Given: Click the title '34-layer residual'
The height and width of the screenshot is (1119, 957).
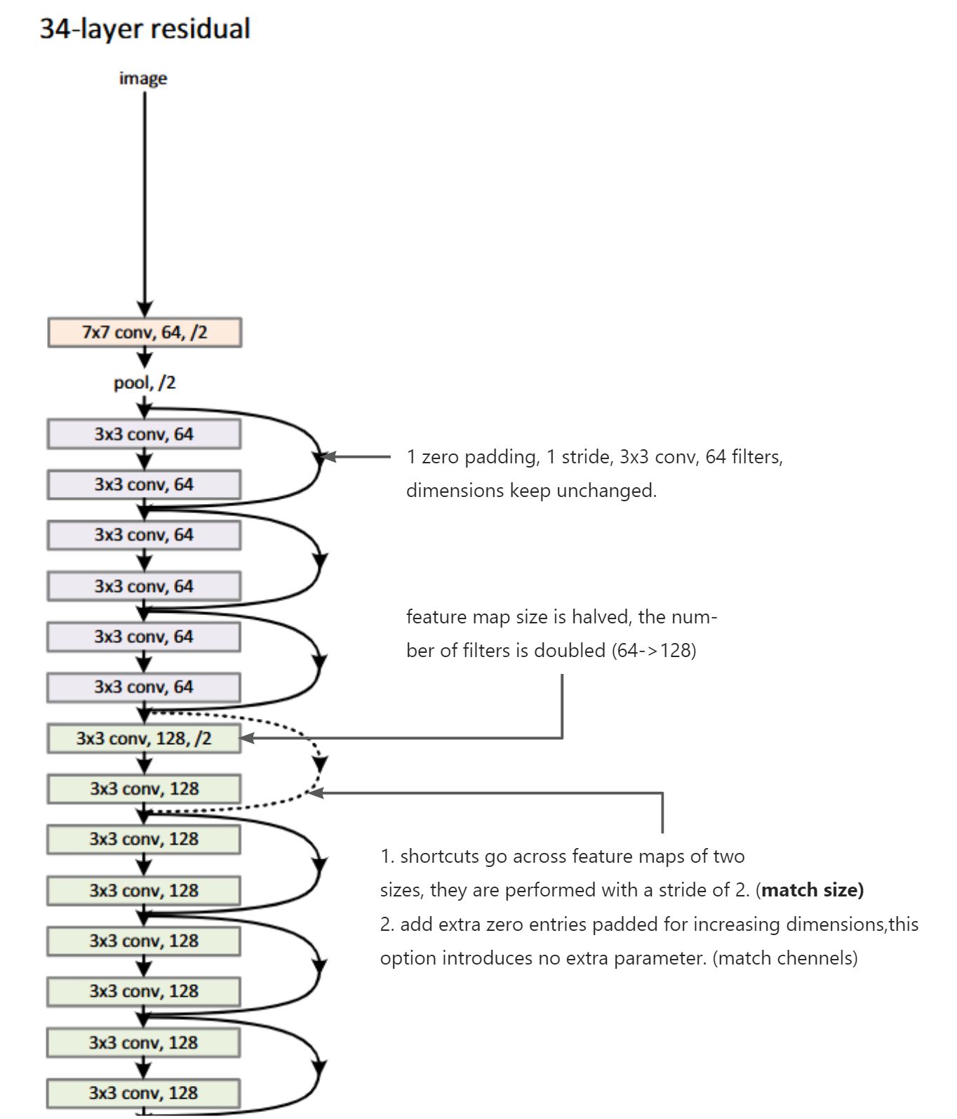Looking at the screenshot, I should tap(145, 29).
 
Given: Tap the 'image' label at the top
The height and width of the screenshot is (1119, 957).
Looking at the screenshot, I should tap(143, 78).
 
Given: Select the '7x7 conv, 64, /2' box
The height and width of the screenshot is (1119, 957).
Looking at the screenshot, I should tap(145, 332).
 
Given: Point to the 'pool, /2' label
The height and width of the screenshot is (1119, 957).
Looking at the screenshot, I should tap(145, 383).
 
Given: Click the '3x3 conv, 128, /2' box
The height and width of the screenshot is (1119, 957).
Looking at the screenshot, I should tap(145, 739).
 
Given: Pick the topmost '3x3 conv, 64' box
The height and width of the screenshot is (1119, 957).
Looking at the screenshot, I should tap(145, 434).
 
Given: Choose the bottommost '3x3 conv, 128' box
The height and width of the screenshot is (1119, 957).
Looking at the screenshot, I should tap(145, 1093).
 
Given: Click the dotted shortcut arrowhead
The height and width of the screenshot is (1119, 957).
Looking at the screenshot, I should tap(320, 764).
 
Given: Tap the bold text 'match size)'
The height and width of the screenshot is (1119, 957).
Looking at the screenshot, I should tap(812, 890).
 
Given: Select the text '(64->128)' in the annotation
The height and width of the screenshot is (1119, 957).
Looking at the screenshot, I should tap(654, 651).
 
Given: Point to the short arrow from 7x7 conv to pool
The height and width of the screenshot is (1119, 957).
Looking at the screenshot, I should tap(145, 358).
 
